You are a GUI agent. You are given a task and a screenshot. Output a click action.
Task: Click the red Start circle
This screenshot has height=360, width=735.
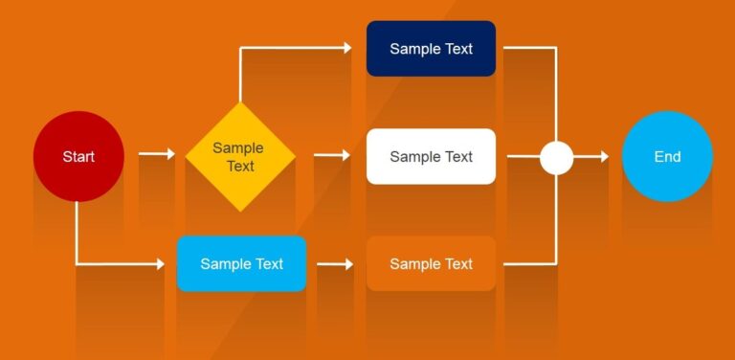tap(78, 156)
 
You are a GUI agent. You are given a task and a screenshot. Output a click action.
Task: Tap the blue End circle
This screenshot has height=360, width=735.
tap(667, 156)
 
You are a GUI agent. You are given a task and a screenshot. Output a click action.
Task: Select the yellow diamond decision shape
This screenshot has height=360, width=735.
tap(239, 157)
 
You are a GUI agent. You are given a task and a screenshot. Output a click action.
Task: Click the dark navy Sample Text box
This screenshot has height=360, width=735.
tap(431, 49)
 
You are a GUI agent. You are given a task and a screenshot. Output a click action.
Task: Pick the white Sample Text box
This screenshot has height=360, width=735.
tap(431, 156)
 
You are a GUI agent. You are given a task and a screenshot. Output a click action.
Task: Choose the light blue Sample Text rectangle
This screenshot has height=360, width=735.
tap(241, 263)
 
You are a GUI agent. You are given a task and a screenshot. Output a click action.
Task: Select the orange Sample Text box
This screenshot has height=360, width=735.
tap(431, 263)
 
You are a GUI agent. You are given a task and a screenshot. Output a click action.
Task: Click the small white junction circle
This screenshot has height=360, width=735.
tap(556, 157)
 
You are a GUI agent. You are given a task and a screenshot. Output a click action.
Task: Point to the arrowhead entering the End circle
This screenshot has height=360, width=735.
tap(603, 157)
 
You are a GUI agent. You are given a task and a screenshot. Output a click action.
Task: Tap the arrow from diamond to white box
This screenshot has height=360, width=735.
tap(332, 155)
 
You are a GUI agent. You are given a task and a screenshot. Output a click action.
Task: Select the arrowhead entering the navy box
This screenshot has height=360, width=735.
tap(347, 47)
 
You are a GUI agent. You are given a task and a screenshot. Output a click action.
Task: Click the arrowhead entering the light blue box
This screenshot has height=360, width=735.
tap(160, 263)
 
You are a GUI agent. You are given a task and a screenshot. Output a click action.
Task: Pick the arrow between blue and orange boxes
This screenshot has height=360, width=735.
tap(335, 263)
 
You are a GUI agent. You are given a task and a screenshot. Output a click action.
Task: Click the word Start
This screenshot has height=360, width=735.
tap(78, 156)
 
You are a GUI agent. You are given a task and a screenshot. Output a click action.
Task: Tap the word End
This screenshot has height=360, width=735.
tap(667, 156)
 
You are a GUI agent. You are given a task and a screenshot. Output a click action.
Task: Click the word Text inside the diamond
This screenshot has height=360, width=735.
tap(240, 166)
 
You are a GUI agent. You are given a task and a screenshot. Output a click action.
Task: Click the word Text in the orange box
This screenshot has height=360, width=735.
tap(457, 263)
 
